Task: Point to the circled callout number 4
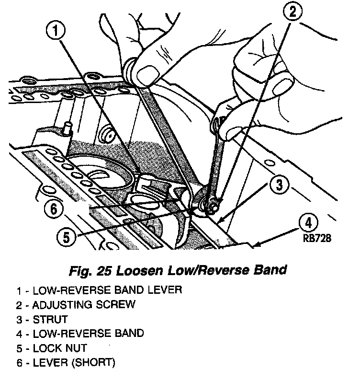point(310,223)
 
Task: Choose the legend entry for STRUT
point(50,318)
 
